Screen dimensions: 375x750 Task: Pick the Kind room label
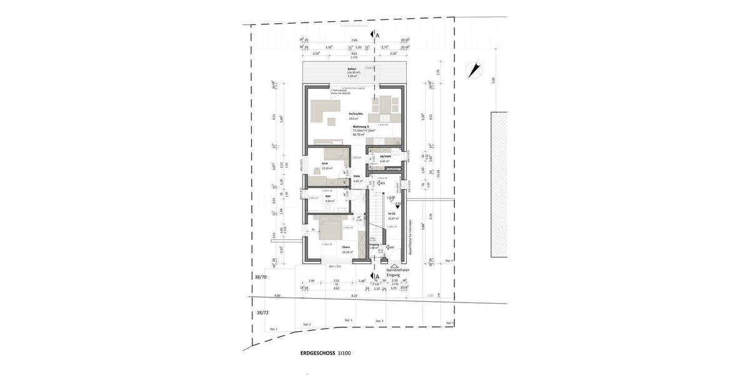pyautogui.click(x=325, y=164)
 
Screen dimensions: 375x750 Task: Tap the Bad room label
pyautogui.click(x=327, y=196)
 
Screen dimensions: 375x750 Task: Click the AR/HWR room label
pyautogui.click(x=385, y=157)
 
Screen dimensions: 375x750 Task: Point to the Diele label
pyautogui.click(x=357, y=176)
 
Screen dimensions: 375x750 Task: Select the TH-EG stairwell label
pyautogui.click(x=392, y=214)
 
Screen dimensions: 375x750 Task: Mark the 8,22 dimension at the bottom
pyautogui.click(x=354, y=296)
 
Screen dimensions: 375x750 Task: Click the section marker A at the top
pyautogui.click(x=376, y=36)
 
